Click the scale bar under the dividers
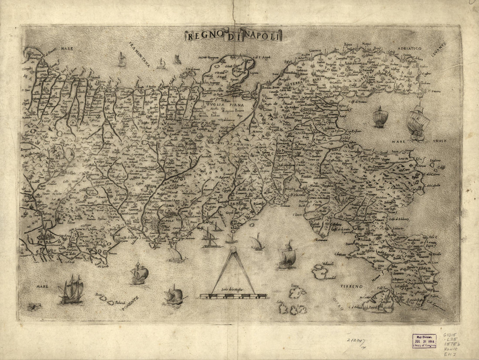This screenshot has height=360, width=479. click(x=233, y=296)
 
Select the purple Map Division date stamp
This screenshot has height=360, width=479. click(x=424, y=340)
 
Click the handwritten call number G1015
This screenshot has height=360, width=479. click(x=452, y=336)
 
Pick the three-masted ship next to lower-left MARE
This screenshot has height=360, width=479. click(x=72, y=290)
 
